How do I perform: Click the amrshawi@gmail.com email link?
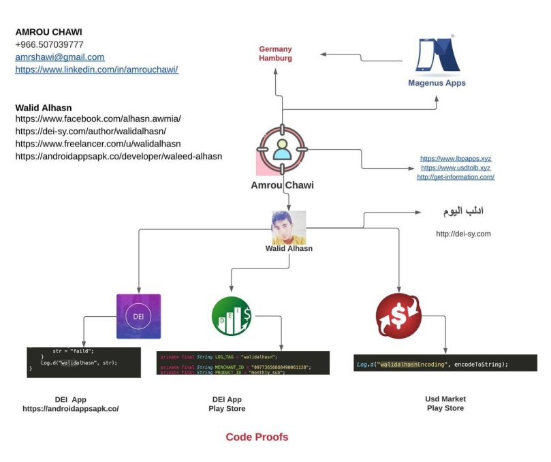click(x=60, y=57)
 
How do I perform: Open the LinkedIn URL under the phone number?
click(x=97, y=70)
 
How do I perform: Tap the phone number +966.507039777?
click(x=49, y=44)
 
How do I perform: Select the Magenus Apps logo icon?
click(x=437, y=57)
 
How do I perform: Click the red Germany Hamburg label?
click(x=275, y=54)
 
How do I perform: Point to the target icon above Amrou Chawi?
click(x=281, y=149)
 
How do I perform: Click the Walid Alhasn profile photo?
click(x=289, y=228)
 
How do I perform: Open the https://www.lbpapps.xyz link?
click(x=456, y=158)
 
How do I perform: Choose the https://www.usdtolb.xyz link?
click(x=456, y=168)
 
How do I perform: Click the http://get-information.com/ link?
click(x=456, y=177)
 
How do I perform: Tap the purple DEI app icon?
click(x=138, y=316)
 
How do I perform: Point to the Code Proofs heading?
click(x=257, y=437)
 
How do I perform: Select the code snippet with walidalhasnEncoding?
click(x=445, y=364)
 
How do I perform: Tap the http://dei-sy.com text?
click(x=463, y=234)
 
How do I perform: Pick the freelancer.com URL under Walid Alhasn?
click(x=98, y=144)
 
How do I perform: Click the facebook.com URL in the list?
click(x=98, y=119)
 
